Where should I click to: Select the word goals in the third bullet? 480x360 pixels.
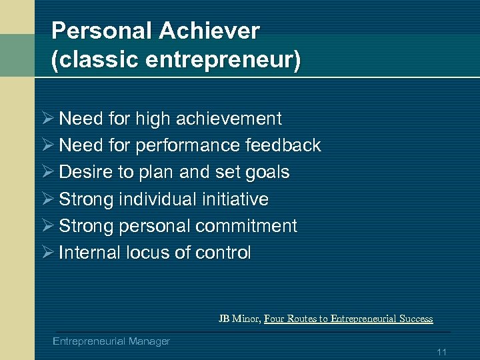[x=267, y=173]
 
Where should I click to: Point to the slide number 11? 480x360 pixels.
[x=441, y=352]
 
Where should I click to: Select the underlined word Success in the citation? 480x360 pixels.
[x=415, y=319]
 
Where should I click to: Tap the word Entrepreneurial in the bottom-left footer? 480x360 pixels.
[x=88, y=341]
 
